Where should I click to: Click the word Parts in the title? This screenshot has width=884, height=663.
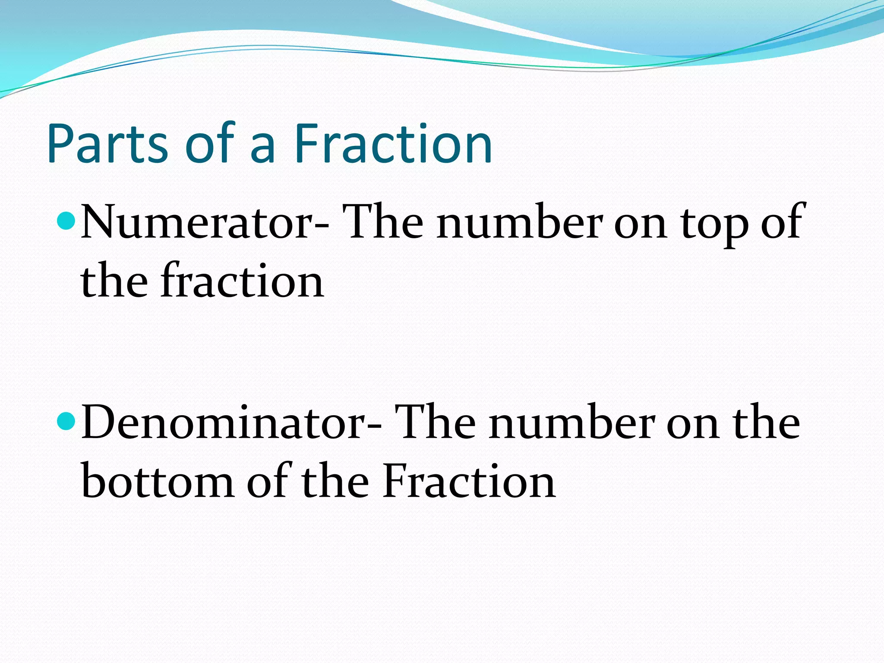pos(107,144)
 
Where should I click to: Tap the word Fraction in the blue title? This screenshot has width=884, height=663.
pos(393,144)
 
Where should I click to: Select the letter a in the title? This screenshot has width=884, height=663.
pos(262,149)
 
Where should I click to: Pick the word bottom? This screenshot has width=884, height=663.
pos(158,482)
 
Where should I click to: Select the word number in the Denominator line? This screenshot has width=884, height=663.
pos(571,423)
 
